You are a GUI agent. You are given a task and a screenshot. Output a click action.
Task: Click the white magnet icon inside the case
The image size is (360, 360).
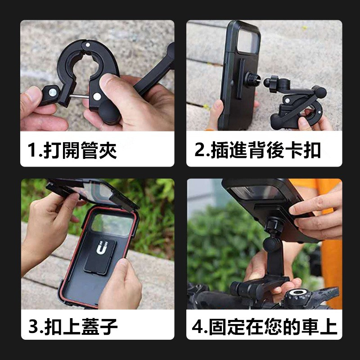click(x=99, y=248)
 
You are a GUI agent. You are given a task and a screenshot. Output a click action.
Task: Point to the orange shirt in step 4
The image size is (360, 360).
click(x=332, y=252)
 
